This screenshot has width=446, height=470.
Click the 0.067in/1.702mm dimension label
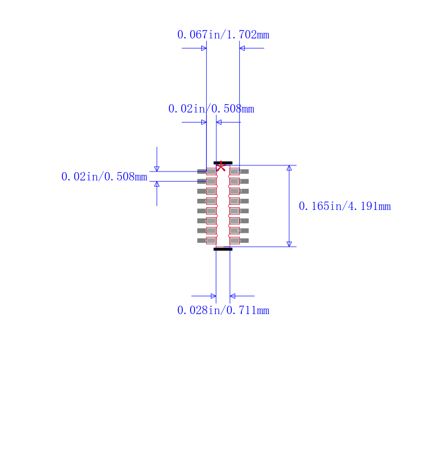[223, 35]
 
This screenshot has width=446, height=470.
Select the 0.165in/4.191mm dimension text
[345, 207]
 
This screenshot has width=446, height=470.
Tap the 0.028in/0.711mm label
[223, 310]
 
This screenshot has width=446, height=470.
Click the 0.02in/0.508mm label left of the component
[104, 177]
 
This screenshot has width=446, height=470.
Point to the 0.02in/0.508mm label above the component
[211, 109]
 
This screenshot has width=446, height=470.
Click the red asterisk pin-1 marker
[221, 166]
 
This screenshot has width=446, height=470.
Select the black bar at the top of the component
[223, 163]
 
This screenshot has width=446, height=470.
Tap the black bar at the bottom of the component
[223, 249]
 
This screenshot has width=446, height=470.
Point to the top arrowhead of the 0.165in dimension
[289, 168]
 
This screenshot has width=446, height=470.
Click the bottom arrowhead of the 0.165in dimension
[289, 244]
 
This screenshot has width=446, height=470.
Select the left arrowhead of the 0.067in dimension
[203, 48]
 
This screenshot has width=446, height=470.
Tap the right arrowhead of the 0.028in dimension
[232, 296]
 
